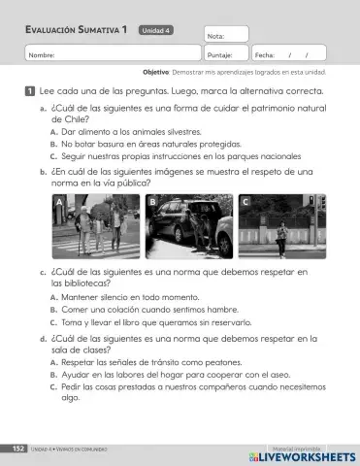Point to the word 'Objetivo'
(155, 73)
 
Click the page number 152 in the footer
(17, 449)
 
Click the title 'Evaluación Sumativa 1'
(77, 30)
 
